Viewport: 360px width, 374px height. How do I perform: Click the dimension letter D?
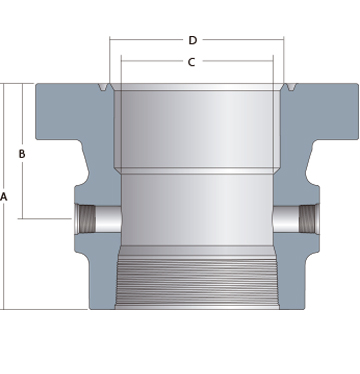click(x=193, y=40)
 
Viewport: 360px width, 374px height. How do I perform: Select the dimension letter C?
click(x=191, y=62)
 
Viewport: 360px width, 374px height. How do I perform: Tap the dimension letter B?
click(x=22, y=154)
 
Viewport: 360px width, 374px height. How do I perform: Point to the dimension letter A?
click(x=4, y=197)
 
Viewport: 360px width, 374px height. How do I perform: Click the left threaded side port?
click(x=87, y=219)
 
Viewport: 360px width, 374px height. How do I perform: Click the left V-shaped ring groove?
click(x=103, y=87)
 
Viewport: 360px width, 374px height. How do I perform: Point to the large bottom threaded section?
click(x=198, y=282)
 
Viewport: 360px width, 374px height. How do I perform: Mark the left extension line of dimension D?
click(x=110, y=60)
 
